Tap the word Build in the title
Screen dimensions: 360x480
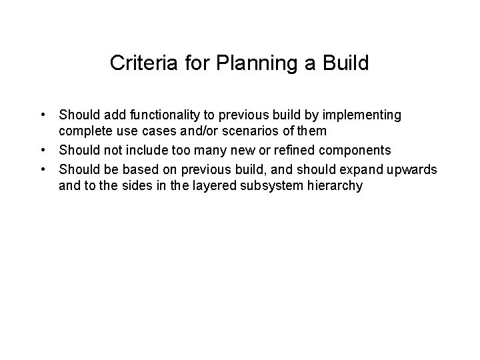tap(345, 64)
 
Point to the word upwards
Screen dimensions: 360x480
tap(413, 169)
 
